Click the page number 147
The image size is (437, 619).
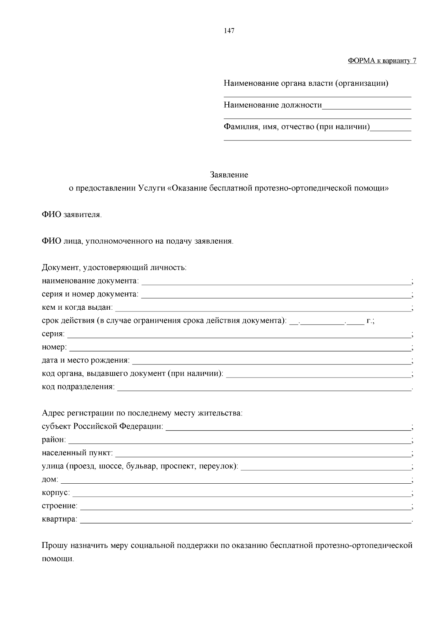[x=229, y=31]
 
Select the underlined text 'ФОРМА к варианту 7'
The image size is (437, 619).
[x=382, y=61]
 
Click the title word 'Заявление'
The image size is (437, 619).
[x=229, y=175]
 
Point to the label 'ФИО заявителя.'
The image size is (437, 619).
[x=72, y=214]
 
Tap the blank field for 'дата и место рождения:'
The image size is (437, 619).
[x=271, y=363]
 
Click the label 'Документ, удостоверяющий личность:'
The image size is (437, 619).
[x=114, y=268]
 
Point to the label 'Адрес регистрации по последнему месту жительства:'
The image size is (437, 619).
[x=142, y=413]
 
